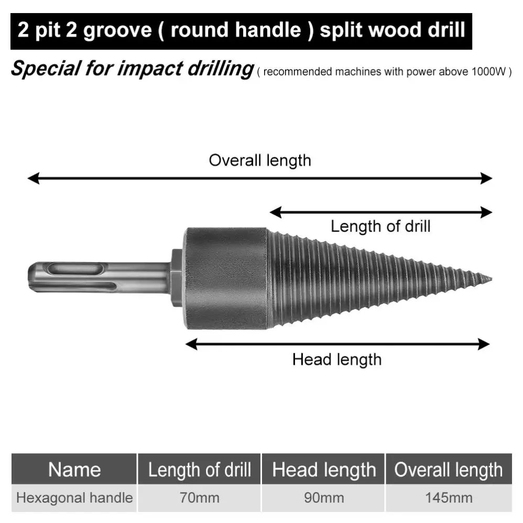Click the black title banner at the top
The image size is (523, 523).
coord(241,30)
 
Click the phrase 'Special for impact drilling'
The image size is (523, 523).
coord(132,69)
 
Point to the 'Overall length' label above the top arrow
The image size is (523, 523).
coord(259,160)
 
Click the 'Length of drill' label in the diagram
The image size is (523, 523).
coord(380,226)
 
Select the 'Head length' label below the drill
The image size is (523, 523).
coord(336,359)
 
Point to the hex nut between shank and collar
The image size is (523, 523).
coord(176,278)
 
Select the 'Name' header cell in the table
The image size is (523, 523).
coord(74,470)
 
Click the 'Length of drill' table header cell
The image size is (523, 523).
coord(199,470)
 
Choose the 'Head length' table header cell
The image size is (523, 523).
coord(324,470)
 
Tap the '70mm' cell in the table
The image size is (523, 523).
coord(199,497)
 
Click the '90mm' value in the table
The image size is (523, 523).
coord(324,497)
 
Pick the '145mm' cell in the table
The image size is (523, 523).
coord(449,497)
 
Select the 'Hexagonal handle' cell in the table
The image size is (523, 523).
coord(74,497)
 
